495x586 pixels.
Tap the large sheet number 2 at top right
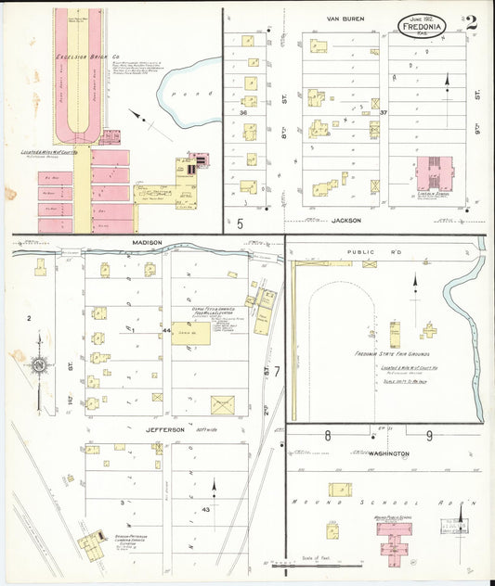pyautogui.click(x=472, y=23)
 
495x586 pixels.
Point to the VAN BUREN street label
pyautogui.click(x=345, y=19)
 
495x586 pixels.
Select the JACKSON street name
pyautogui.click(x=345, y=221)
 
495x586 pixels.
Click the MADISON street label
pyautogui.click(x=147, y=243)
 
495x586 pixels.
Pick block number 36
pyautogui.click(x=243, y=113)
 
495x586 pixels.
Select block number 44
pyautogui.click(x=166, y=330)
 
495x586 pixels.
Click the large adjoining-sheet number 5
pyautogui.click(x=239, y=223)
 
